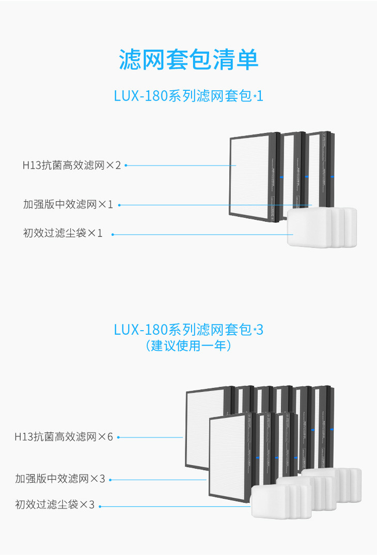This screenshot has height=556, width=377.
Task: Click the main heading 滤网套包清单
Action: click(x=189, y=60)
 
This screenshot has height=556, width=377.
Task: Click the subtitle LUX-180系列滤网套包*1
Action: click(x=189, y=96)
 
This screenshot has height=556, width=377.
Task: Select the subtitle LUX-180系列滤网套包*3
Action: click(x=189, y=329)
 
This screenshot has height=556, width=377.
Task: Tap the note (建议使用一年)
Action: click(x=189, y=346)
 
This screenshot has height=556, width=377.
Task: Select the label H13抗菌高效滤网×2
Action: click(x=71, y=166)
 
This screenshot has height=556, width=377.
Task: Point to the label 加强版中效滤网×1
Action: click(x=68, y=204)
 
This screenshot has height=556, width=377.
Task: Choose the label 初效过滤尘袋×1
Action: click(x=63, y=234)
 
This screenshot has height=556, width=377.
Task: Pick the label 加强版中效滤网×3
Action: click(x=60, y=479)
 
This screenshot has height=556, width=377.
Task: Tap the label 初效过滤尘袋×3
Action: click(x=55, y=505)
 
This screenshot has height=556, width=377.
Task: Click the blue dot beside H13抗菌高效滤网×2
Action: click(x=125, y=166)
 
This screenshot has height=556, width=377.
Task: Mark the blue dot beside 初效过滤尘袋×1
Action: click(x=113, y=235)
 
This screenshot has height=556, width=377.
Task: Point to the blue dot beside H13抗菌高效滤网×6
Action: click(x=118, y=437)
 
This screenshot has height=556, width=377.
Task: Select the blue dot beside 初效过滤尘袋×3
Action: click(x=100, y=506)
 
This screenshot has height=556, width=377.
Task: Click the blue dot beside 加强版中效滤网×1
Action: click(x=119, y=205)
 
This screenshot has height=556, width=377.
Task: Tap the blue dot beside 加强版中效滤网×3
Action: click(x=111, y=480)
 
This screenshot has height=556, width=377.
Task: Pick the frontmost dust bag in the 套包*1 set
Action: click(x=308, y=228)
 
